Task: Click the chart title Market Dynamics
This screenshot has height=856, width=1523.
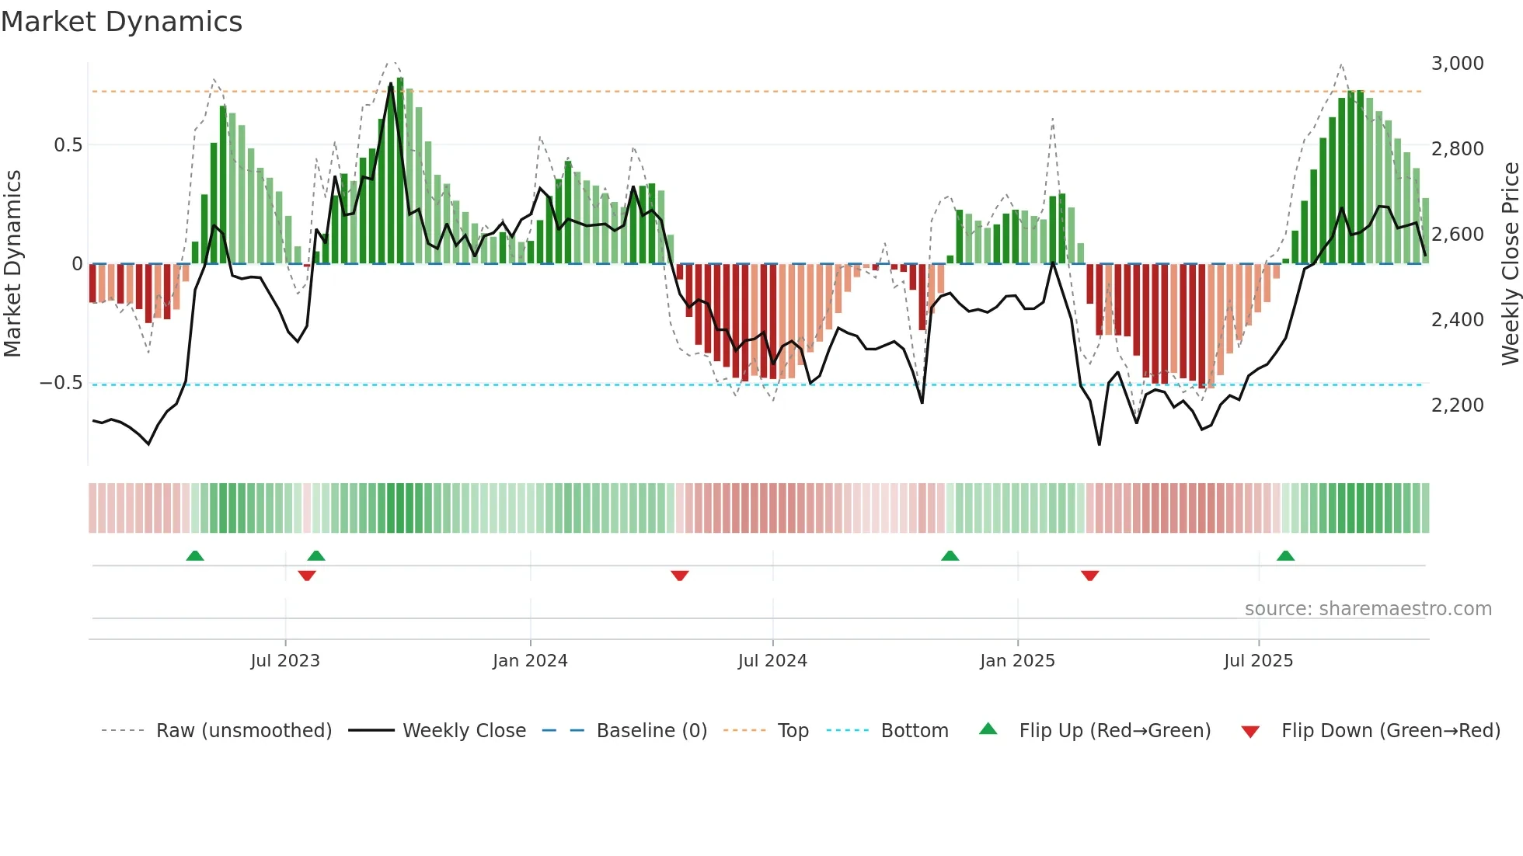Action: [x=121, y=22]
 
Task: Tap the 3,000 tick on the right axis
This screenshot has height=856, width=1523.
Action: [x=1457, y=64]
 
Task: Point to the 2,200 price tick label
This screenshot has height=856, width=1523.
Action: [x=1457, y=405]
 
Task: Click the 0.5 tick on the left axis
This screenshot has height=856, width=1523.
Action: [x=68, y=145]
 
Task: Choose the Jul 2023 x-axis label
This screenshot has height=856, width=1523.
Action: [x=285, y=661]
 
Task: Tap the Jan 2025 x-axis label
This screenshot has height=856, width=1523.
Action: [x=1017, y=661]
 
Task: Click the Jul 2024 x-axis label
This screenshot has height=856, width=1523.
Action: [x=772, y=661]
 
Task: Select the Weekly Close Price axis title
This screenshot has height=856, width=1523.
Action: [x=1510, y=264]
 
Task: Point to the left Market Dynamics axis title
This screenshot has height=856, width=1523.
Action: [x=12, y=264]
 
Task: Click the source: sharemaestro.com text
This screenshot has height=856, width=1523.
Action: [x=1368, y=609]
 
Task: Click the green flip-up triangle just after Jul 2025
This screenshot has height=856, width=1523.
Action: [x=1285, y=556]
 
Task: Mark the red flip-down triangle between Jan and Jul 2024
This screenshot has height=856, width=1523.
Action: [x=680, y=576]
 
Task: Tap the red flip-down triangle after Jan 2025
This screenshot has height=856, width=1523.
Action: [x=1089, y=576]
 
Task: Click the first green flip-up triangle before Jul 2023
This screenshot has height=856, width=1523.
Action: [x=195, y=556]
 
